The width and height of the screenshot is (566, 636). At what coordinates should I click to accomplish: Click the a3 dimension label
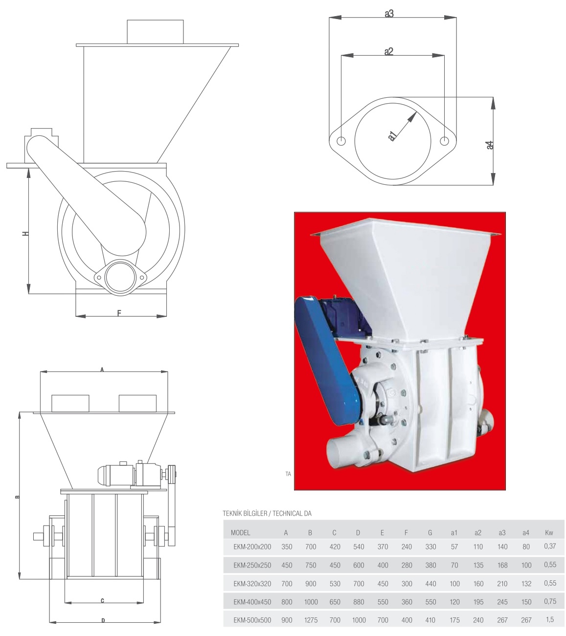click(x=389, y=14)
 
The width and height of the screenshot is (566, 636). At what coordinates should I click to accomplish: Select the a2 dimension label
click(x=388, y=51)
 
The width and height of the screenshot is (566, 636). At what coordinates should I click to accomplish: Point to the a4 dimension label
click(x=490, y=145)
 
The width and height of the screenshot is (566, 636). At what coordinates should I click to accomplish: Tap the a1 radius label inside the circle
click(x=392, y=136)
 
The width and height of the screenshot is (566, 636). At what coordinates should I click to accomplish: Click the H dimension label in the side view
click(x=25, y=233)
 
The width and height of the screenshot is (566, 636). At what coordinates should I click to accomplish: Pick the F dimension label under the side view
click(x=119, y=313)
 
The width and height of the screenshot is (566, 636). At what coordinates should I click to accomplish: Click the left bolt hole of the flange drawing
click(x=341, y=141)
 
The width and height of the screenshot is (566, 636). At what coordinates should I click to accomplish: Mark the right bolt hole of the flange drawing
click(x=444, y=141)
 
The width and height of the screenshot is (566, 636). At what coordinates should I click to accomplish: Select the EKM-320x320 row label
click(x=252, y=584)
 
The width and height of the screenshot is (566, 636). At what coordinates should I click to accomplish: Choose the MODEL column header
click(x=240, y=533)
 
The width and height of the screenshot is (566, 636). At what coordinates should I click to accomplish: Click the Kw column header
click(x=549, y=533)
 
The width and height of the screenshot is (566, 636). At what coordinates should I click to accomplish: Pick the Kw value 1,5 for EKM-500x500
click(x=549, y=619)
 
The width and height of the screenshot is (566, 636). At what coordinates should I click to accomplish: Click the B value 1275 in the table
click(x=311, y=620)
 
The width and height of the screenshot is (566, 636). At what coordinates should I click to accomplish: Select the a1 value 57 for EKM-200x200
click(x=454, y=547)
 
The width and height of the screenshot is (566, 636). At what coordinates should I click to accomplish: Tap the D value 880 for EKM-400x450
click(x=359, y=602)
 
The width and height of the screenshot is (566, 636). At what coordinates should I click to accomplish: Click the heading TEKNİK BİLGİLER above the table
click(x=245, y=514)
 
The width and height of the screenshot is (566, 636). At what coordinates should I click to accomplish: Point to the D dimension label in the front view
click(x=103, y=621)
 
